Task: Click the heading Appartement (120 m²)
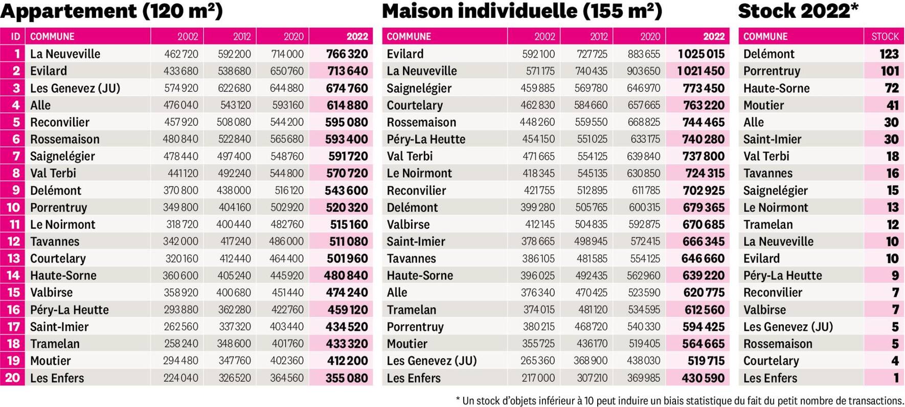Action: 111,11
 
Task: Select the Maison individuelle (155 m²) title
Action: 522,11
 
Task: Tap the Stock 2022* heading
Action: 798,11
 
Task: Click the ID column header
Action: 15,37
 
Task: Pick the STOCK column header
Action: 885,37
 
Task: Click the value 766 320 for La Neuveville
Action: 347,54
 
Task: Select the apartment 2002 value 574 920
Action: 181,88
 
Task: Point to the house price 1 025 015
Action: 701,54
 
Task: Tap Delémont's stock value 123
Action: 889,54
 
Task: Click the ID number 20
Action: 13,378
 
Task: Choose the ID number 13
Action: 13,258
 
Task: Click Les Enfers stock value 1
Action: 896,378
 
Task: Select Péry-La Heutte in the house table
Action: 426,139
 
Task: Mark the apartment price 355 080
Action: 347,378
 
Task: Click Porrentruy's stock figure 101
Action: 890,71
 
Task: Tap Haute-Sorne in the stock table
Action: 776,88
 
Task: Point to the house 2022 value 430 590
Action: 703,378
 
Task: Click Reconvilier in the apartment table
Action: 59,123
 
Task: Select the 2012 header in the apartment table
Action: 242,37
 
